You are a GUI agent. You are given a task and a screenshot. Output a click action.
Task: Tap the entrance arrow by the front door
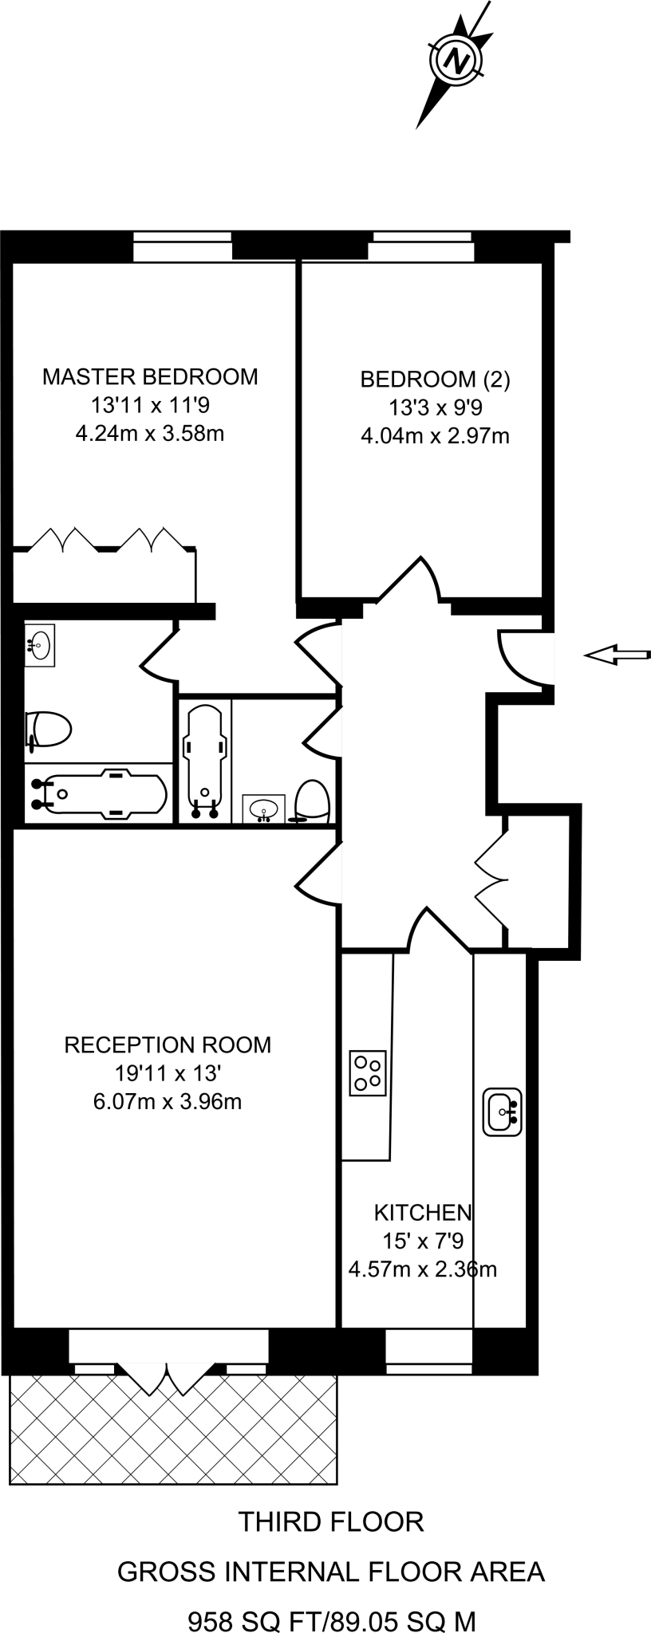pos(617,655)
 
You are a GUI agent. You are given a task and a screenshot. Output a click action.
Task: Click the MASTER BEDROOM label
pos(150,376)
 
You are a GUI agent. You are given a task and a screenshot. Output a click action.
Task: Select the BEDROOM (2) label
pos(435,380)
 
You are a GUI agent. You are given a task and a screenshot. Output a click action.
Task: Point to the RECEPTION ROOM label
pos(168,1045)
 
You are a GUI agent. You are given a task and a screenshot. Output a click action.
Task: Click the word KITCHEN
pos(423,1213)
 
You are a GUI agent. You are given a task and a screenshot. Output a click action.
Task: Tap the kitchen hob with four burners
pos(368,1072)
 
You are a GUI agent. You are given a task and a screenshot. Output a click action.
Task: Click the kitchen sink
pos(503,1112)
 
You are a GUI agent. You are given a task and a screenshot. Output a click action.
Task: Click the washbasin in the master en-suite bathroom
pos(39,644)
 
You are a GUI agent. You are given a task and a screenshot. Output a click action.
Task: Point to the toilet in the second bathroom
pos(312,801)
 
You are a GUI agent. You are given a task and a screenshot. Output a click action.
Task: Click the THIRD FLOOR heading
pos(331,1522)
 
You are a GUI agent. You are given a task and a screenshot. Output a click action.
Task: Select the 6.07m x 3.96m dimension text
pos(168,1102)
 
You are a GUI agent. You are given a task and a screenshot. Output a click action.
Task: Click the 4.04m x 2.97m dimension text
pos(435,436)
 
